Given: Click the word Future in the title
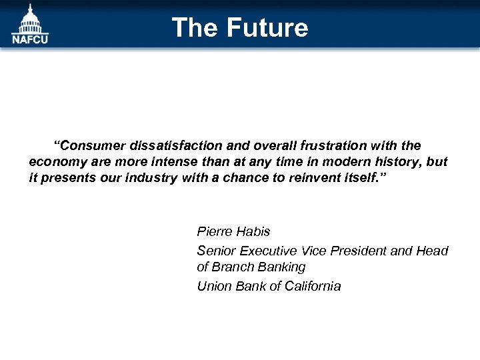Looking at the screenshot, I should pyautogui.click(x=267, y=28).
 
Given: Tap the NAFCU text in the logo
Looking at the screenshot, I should pyautogui.click(x=30, y=39).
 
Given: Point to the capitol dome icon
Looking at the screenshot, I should pyautogui.click(x=30, y=19).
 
